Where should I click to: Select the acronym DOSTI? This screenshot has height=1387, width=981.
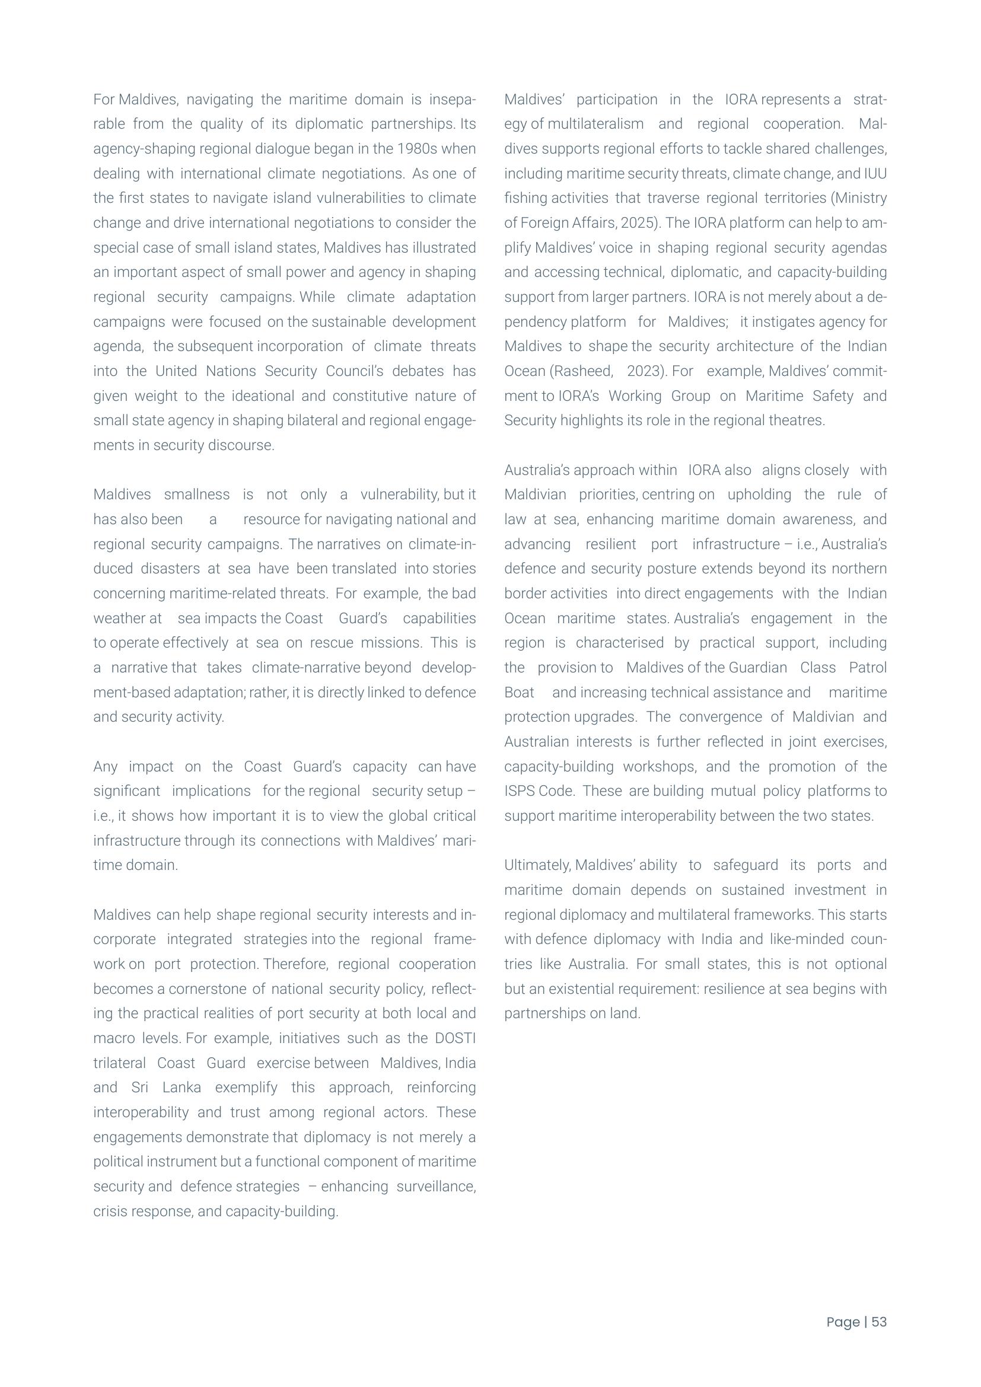(456, 1038)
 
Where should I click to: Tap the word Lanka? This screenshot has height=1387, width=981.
(182, 1088)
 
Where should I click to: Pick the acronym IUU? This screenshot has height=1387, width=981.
(875, 174)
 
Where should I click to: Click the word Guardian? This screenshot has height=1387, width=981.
(757, 668)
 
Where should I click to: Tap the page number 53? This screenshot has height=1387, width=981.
(879, 1322)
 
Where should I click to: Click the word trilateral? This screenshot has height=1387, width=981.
(120, 1063)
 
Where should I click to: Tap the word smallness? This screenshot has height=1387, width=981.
(197, 495)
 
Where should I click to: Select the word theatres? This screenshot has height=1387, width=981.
(798, 420)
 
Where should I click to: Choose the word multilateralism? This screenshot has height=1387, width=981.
(595, 124)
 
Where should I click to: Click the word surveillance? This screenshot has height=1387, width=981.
(435, 1187)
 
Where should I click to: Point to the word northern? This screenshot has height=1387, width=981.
(859, 569)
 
